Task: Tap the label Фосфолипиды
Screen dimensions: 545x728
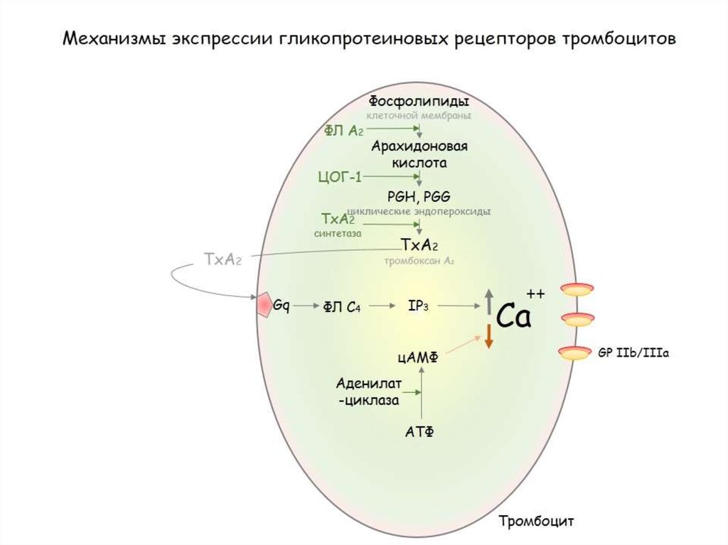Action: click(419, 101)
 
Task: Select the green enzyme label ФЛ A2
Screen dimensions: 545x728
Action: click(344, 129)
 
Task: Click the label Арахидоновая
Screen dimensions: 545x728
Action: click(419, 147)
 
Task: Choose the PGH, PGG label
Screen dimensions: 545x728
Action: click(419, 197)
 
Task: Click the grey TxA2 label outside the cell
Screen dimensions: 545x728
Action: click(223, 259)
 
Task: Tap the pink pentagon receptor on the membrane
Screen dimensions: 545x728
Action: click(264, 305)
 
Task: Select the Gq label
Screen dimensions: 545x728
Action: click(282, 305)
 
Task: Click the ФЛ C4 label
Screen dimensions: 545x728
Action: click(342, 306)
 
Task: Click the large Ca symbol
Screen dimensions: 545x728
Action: click(513, 316)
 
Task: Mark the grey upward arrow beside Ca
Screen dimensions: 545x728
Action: click(488, 302)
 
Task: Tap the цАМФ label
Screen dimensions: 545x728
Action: click(418, 359)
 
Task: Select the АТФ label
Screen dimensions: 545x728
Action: click(419, 431)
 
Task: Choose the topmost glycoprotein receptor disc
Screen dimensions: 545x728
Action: click(577, 289)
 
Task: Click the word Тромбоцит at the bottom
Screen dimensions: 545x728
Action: click(535, 521)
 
